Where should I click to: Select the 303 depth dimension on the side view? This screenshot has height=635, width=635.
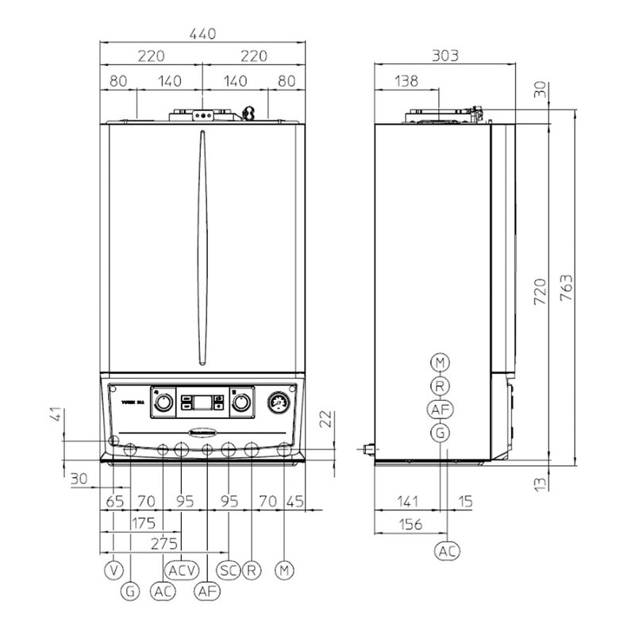444,56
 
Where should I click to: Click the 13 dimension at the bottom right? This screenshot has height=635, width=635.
541,483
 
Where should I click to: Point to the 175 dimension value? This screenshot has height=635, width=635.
142,523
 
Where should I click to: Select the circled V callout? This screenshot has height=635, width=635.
115,569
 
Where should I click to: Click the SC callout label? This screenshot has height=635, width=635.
228,569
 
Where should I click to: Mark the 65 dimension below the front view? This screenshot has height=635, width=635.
116,502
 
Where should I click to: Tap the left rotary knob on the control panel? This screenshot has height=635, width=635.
163,402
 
